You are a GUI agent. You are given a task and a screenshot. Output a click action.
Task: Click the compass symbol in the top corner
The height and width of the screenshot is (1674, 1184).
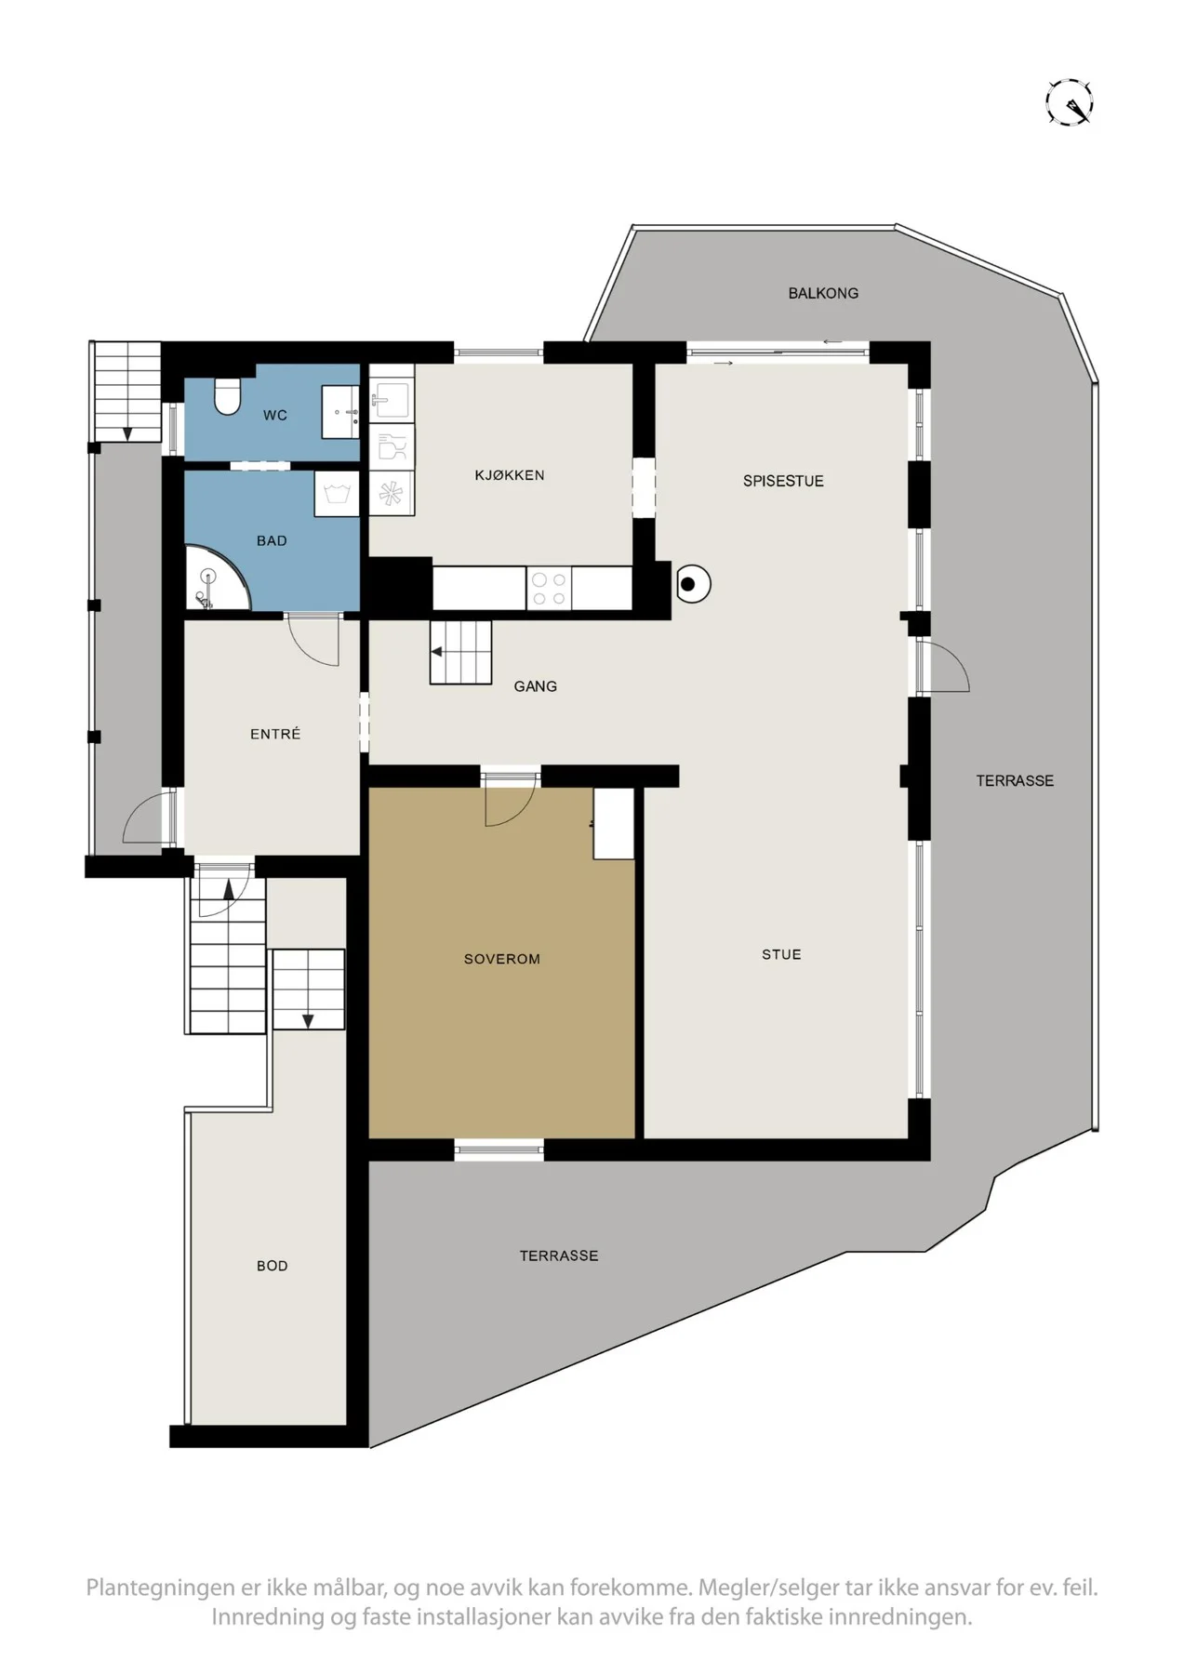(x=1069, y=101)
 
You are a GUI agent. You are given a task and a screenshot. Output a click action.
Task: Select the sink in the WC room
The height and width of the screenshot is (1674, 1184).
(x=340, y=411)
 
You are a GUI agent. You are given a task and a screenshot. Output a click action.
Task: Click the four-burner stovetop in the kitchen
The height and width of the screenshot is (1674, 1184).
(x=549, y=588)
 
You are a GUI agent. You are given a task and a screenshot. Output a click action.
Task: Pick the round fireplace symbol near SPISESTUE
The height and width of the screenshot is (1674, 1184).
(x=689, y=584)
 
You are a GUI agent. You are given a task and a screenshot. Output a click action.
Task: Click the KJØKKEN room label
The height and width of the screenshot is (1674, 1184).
(x=510, y=475)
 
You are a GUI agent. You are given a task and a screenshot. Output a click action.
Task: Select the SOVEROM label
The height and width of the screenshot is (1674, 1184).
(x=502, y=959)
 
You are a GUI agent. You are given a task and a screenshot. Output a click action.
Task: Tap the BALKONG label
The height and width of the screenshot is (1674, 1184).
(x=823, y=293)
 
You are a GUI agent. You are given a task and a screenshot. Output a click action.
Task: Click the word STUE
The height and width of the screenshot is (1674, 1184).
(x=781, y=954)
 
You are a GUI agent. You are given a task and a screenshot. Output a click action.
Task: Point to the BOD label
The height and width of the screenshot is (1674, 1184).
(x=273, y=1266)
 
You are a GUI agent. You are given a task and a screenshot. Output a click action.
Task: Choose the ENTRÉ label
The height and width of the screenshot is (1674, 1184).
(x=275, y=734)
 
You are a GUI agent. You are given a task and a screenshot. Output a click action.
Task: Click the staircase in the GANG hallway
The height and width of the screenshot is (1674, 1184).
(x=460, y=652)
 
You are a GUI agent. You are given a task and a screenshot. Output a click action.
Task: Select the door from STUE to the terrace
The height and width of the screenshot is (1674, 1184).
(x=942, y=667)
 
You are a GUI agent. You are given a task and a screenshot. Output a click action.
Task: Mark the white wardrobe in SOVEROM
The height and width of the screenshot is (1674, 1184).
(x=614, y=824)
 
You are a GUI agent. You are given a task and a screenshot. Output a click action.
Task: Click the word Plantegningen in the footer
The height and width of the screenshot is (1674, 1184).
(x=153, y=1588)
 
